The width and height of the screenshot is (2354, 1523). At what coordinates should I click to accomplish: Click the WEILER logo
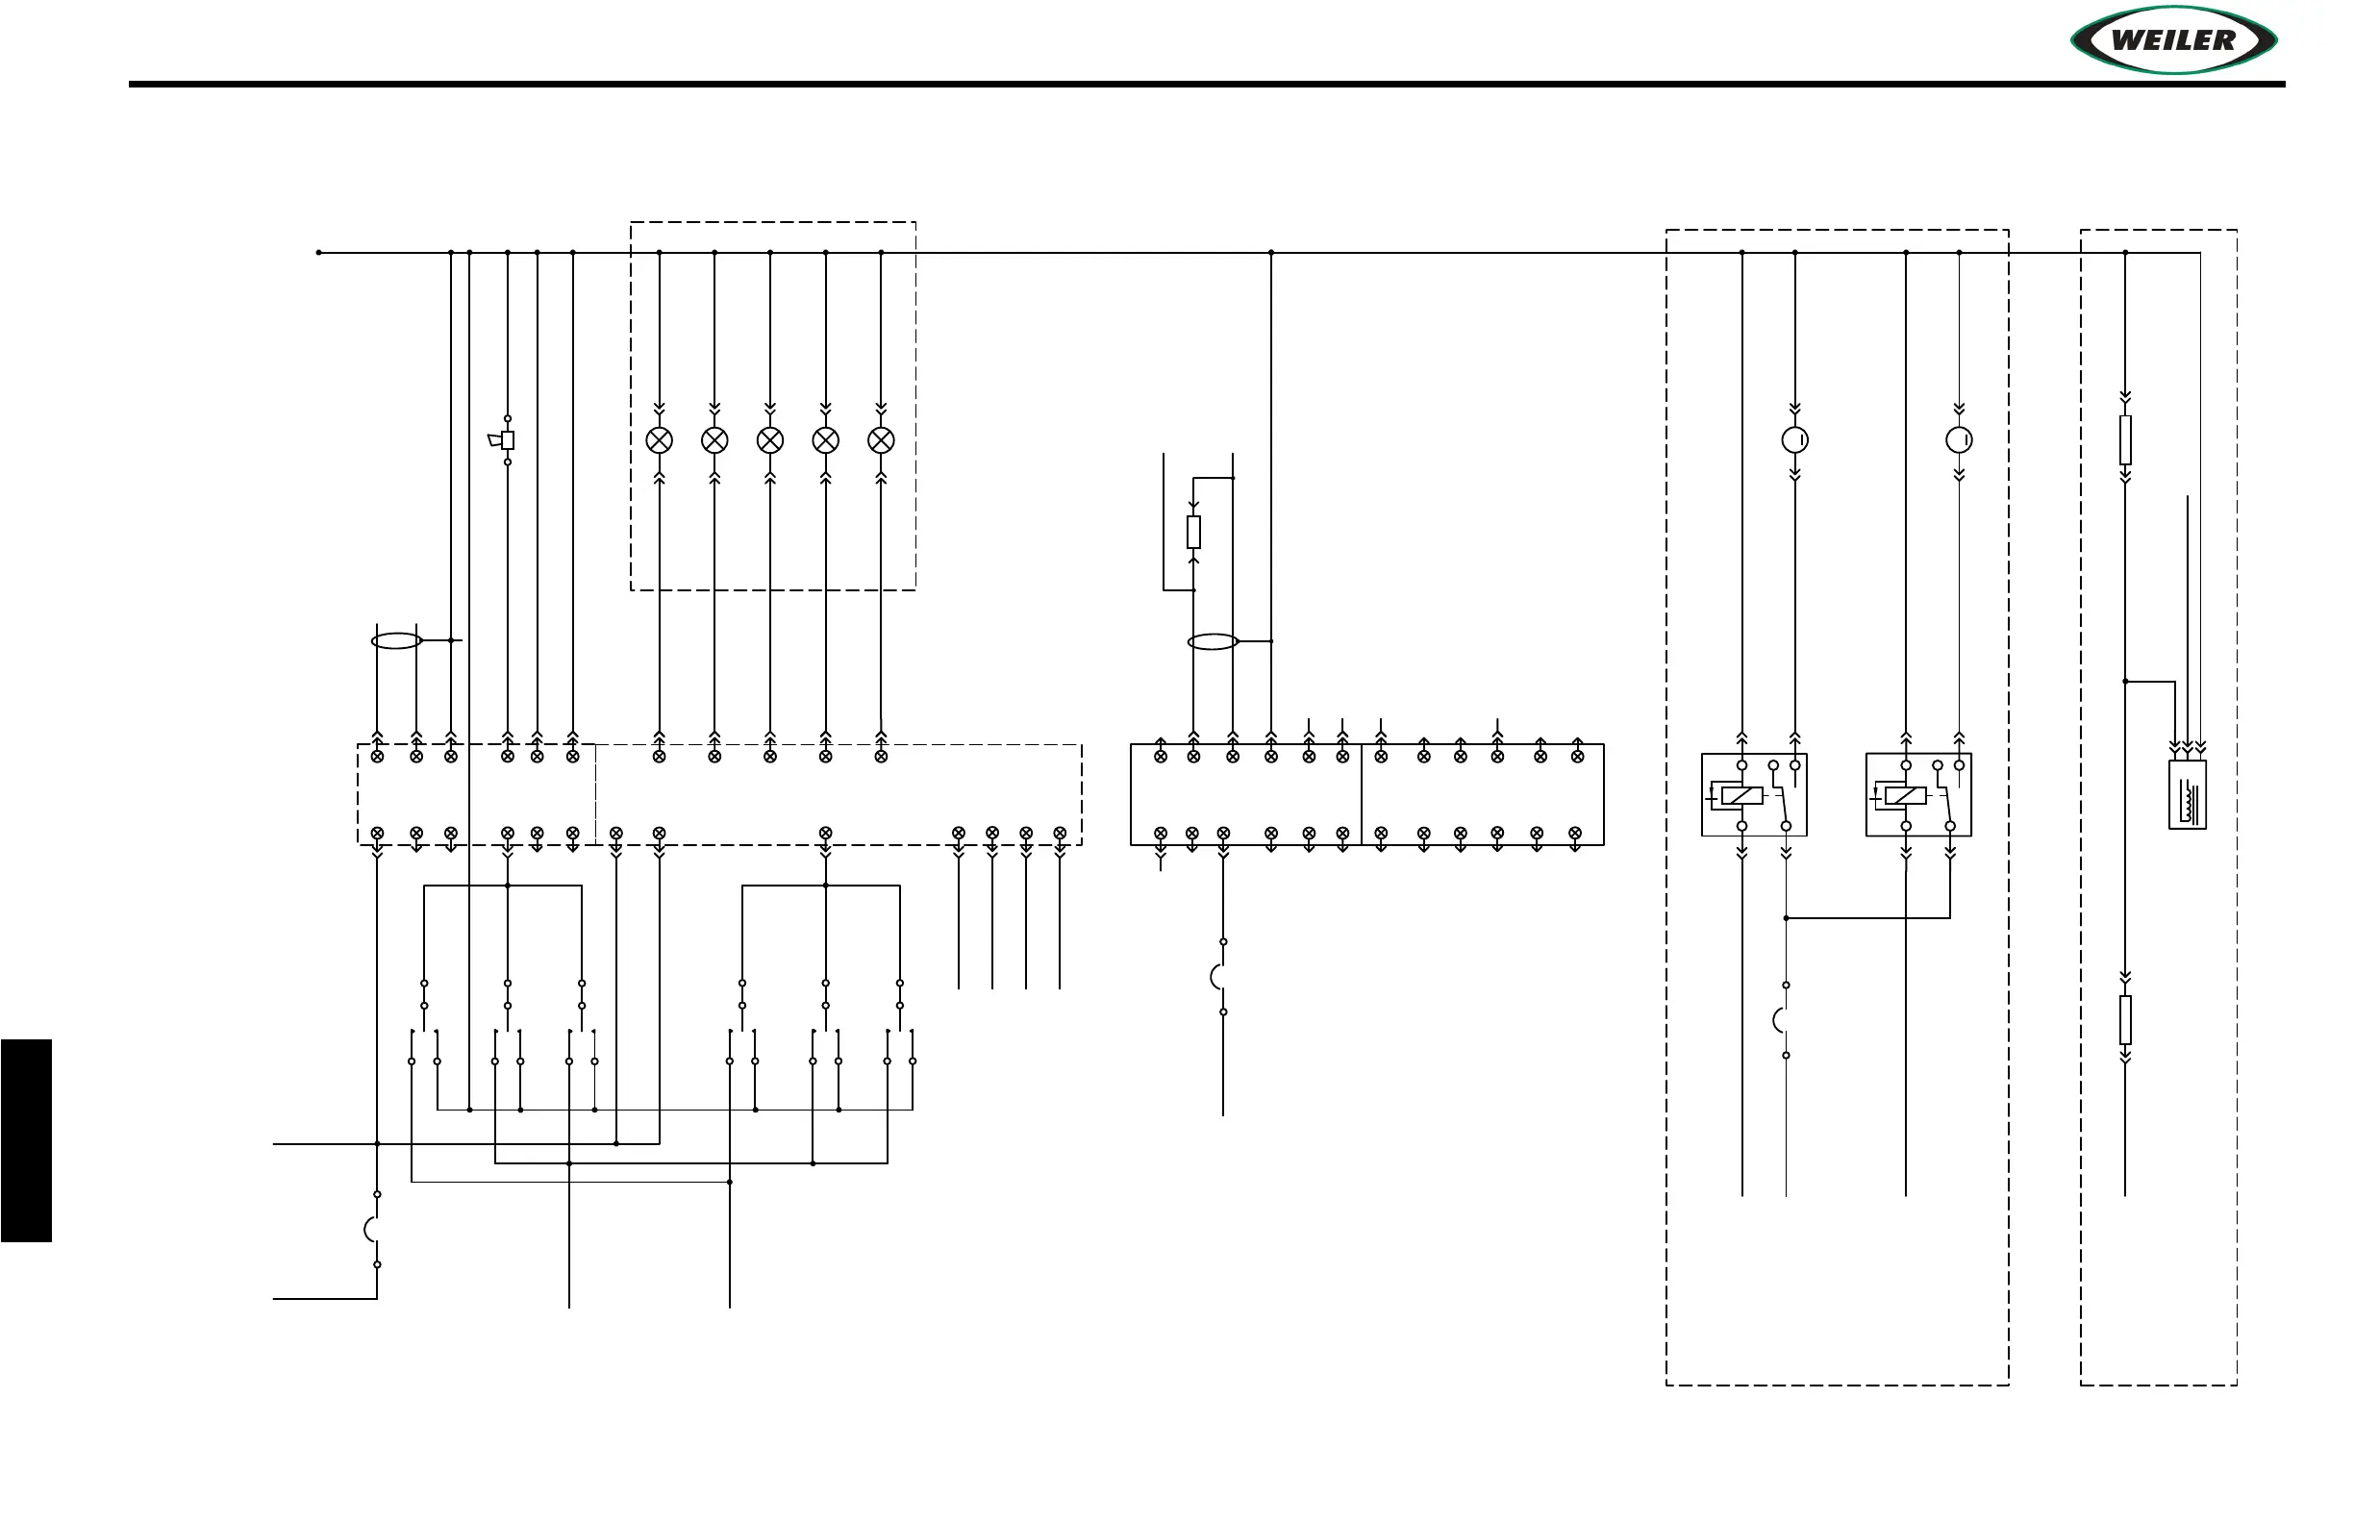pyautogui.click(x=2173, y=40)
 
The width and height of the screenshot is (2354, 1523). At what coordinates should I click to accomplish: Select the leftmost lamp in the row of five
pyautogui.click(x=659, y=440)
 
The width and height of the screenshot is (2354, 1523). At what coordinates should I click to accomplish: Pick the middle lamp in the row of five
pyautogui.click(x=769, y=440)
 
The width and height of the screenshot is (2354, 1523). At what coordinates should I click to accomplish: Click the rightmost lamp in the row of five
pyautogui.click(x=880, y=440)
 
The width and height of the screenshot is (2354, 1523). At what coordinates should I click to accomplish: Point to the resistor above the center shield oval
pyautogui.click(x=1192, y=532)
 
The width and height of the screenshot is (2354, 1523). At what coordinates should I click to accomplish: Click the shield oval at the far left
pyautogui.click(x=395, y=641)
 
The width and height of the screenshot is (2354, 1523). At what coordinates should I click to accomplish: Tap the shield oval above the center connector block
pyautogui.click(x=1213, y=642)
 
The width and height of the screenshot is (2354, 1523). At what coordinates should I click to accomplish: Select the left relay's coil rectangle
pyautogui.click(x=1740, y=795)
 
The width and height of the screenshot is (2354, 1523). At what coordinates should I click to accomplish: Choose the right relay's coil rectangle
pyautogui.click(x=1905, y=795)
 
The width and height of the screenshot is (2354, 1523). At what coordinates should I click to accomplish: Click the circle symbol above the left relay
pyautogui.click(x=1794, y=440)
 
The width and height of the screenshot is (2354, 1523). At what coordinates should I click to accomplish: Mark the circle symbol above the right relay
pyautogui.click(x=1959, y=440)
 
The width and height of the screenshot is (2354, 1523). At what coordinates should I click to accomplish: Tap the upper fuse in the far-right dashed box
pyautogui.click(x=2124, y=440)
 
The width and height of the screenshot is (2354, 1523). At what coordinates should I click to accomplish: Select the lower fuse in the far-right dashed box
pyautogui.click(x=2124, y=1019)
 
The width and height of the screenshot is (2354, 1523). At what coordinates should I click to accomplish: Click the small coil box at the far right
pyautogui.click(x=2187, y=794)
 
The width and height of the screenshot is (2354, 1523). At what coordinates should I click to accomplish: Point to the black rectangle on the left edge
pyautogui.click(x=26, y=1140)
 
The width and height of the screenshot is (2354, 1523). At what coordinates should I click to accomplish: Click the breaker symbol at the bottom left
pyautogui.click(x=374, y=1230)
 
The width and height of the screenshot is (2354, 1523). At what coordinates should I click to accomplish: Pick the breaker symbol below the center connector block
pyautogui.click(x=1219, y=977)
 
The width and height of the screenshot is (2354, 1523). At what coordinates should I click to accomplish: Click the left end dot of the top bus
pyautogui.click(x=318, y=252)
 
